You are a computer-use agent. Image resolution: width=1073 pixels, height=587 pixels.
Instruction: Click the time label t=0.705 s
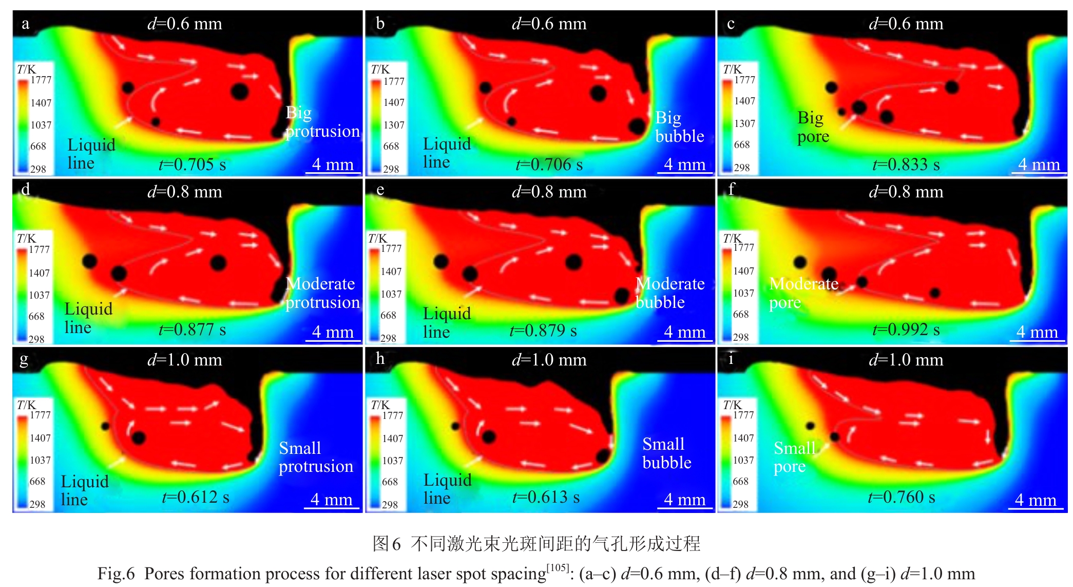[x=192, y=164]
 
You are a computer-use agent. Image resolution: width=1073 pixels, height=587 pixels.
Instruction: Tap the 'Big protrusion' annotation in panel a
[x=322, y=122]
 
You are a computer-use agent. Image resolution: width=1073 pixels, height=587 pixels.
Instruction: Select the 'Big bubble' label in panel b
[x=679, y=127]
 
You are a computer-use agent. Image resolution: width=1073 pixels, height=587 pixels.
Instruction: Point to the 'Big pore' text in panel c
[x=813, y=127]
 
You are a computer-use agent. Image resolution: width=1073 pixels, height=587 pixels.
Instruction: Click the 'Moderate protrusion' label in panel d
[x=322, y=293]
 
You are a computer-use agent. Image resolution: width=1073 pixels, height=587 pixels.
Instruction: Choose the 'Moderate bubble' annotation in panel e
[x=669, y=293]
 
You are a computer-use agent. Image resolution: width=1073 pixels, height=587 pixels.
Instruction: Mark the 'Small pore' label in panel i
[x=794, y=457]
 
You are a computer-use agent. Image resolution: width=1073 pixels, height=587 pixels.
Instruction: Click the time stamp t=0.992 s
[x=906, y=329]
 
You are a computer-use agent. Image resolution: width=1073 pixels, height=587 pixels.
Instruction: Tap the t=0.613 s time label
[x=546, y=497]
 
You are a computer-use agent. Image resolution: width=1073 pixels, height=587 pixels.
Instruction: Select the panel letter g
[x=24, y=359]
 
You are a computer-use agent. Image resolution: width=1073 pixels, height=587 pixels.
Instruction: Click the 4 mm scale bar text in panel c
[x=1039, y=164]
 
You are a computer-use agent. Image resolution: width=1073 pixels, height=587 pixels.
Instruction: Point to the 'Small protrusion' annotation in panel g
[x=315, y=457]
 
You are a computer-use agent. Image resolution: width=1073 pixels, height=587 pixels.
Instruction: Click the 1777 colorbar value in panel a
[x=41, y=80]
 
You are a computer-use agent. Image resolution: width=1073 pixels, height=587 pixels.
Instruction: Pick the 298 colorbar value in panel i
[x=740, y=504]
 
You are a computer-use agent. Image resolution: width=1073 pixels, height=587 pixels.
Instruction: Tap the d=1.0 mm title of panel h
[x=549, y=360]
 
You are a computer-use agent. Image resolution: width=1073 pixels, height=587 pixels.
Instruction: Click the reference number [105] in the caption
[x=557, y=567]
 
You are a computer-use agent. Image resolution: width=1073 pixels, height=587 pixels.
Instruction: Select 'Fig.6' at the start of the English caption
[x=116, y=574]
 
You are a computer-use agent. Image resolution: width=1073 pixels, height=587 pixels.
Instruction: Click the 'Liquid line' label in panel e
[x=446, y=322]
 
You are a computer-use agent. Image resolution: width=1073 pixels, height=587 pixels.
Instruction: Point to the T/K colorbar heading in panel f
[x=732, y=239]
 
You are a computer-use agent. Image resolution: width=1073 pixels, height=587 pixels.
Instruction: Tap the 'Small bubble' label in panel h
[x=666, y=453]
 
